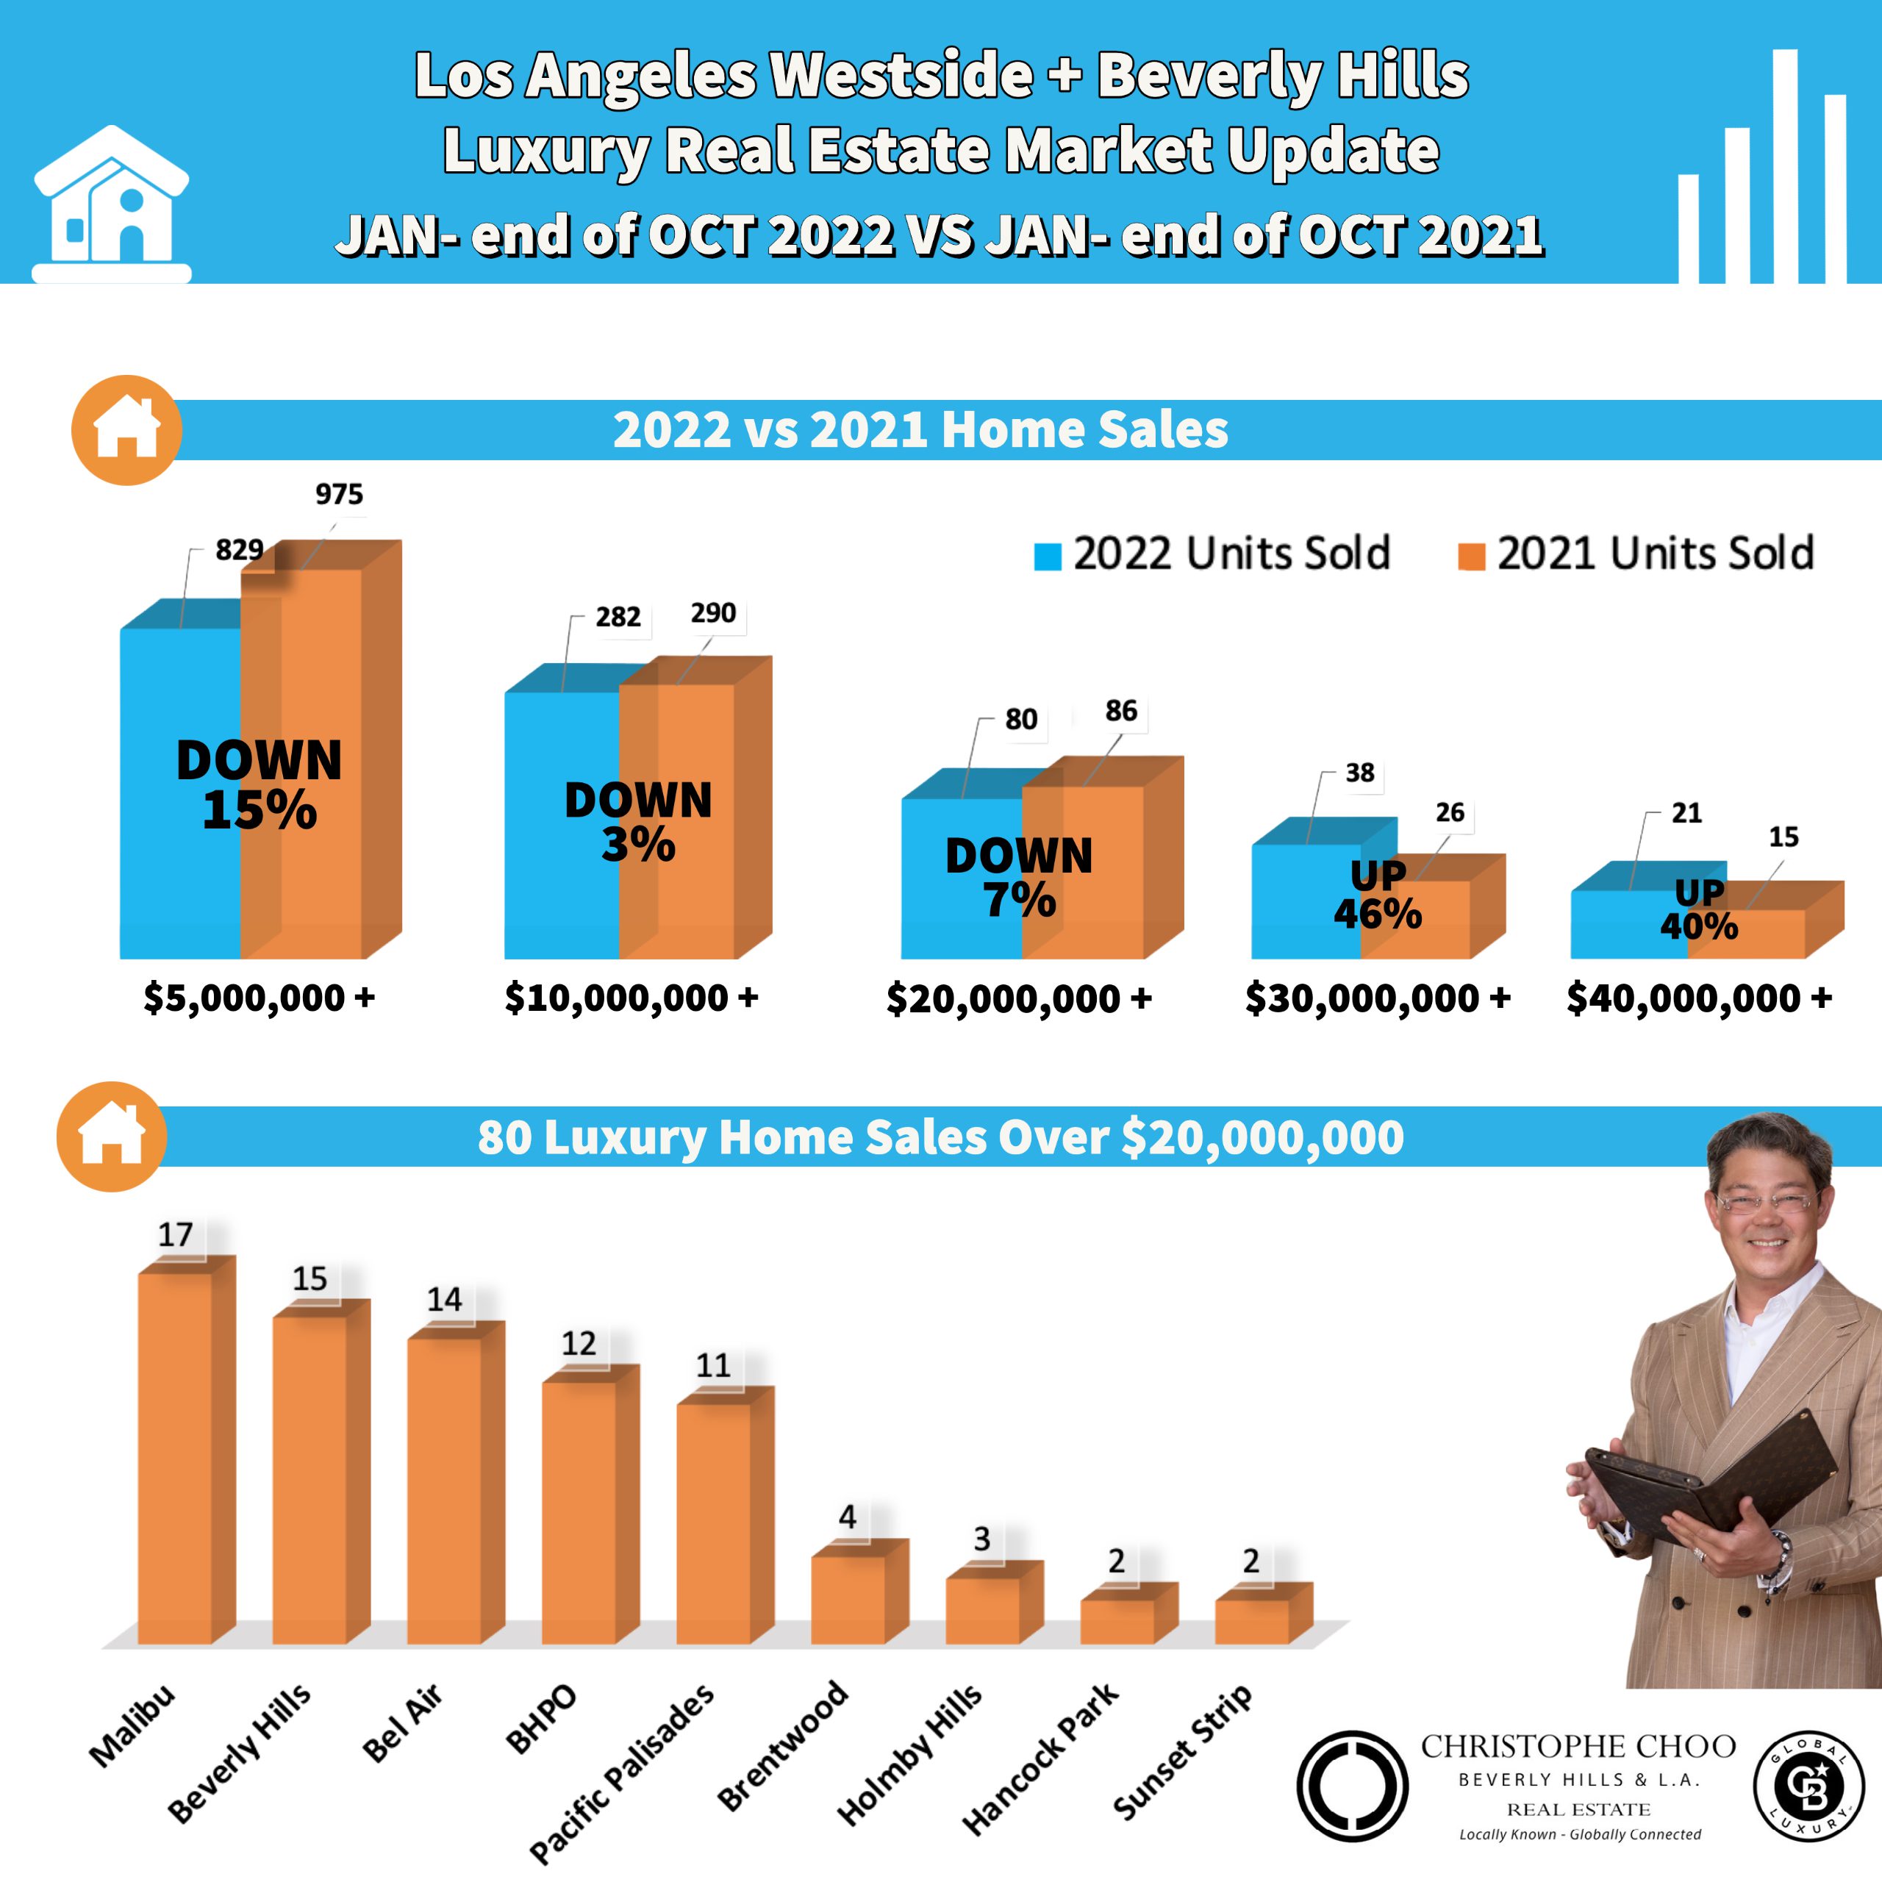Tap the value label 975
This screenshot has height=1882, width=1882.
[x=339, y=495]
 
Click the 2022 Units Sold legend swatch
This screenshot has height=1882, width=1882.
[x=1047, y=557]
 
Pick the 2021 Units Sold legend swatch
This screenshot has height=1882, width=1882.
[x=1471, y=557]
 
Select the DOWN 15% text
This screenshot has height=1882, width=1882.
[x=259, y=784]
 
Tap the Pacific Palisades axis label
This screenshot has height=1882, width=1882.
[x=621, y=1773]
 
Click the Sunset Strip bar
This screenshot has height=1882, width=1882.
[x=1252, y=1621]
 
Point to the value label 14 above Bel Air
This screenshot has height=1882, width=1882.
[x=444, y=1300]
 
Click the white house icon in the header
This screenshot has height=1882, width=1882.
[x=111, y=204]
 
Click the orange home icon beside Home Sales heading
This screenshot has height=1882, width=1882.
[x=126, y=429]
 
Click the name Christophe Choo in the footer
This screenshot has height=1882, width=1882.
[x=1578, y=1747]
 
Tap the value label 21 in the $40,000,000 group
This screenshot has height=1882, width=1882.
[x=1686, y=813]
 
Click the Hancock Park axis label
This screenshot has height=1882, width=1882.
[x=1040, y=1761]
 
